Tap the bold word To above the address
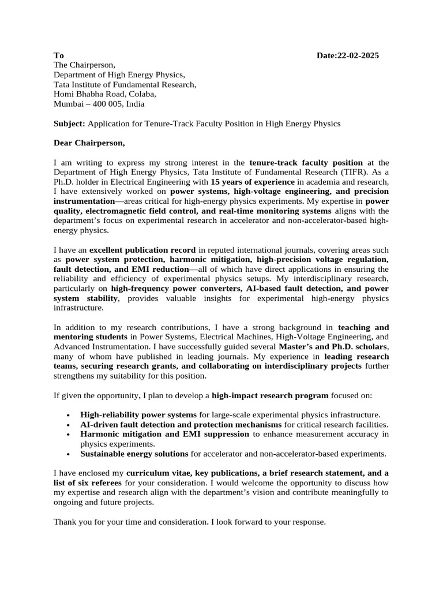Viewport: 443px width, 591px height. [58, 55]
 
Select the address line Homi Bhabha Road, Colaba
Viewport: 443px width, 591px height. [104, 94]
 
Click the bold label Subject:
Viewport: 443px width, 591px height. [69, 124]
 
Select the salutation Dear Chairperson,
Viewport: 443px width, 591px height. [89, 143]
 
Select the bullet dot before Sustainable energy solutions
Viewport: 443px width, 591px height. [69, 454]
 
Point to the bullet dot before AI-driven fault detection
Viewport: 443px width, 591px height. [69, 424]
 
